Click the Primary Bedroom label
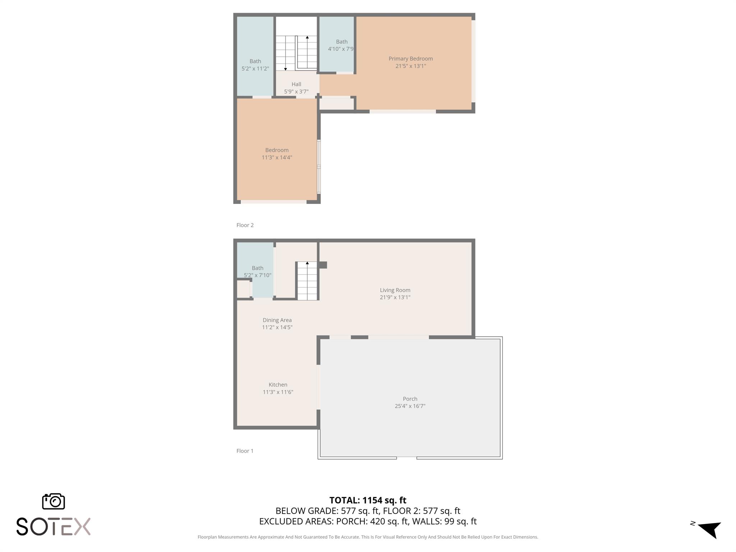410,59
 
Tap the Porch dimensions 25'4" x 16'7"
410,406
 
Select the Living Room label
395,290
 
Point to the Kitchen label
278,385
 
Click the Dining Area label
277,320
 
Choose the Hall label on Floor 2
296,84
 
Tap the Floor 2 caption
245,225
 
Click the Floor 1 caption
245,451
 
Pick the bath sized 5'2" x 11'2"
255,65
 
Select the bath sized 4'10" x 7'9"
340,45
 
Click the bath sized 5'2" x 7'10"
257,272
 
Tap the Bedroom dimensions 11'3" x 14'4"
277,157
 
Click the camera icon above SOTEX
54,501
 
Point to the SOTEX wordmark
54,526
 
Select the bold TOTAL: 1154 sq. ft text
368,500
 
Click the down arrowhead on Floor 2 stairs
285,69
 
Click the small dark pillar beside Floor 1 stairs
323,265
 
